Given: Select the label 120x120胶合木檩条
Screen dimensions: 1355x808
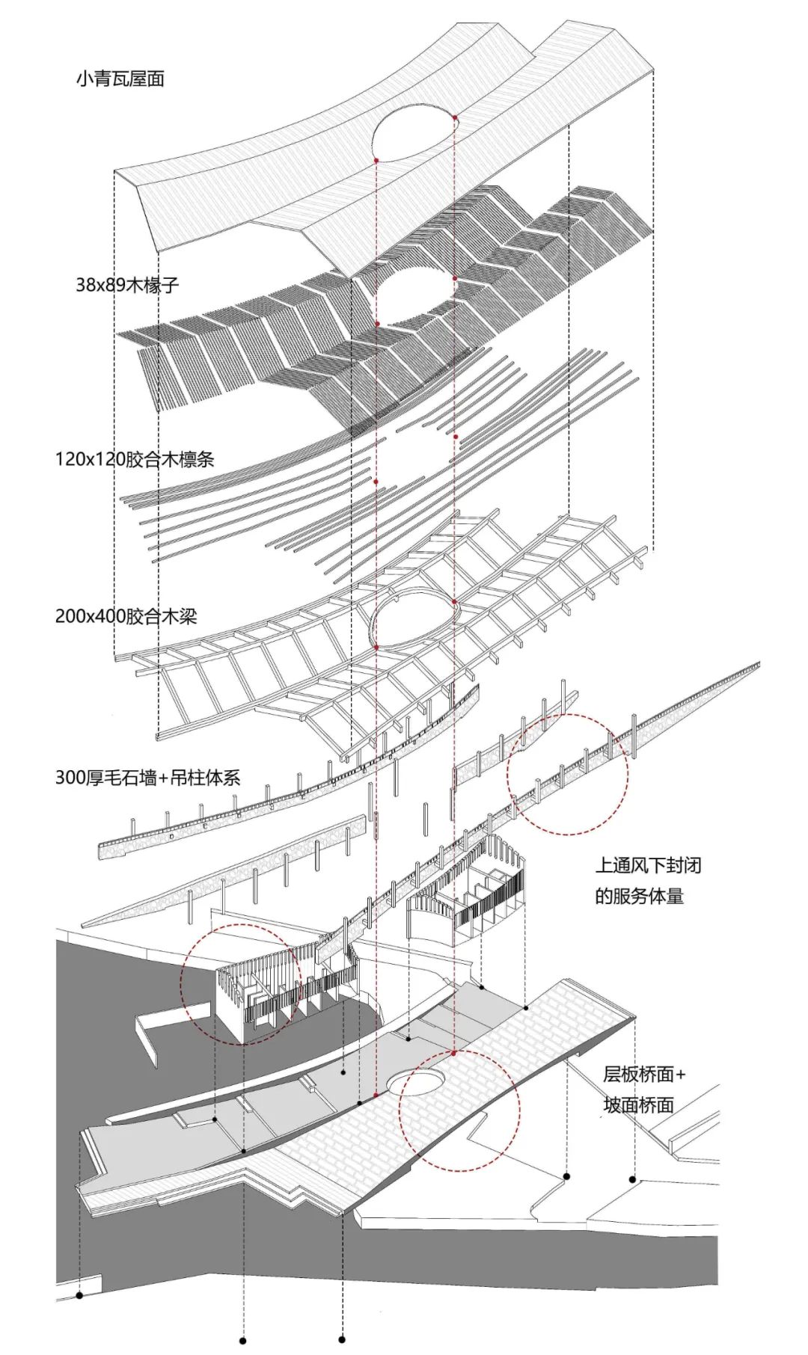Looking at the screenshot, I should pyautogui.click(x=135, y=458).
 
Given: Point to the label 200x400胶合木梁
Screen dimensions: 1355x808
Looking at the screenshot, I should pyautogui.click(x=126, y=617).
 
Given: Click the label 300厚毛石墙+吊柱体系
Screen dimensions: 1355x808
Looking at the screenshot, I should pyautogui.click(x=147, y=778).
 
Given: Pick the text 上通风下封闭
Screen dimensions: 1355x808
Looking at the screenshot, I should pyautogui.click(x=648, y=866).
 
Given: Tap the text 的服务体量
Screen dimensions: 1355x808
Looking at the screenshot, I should pyautogui.click(x=640, y=896).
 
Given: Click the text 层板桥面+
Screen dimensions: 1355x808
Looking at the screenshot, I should pyautogui.click(x=644, y=1075).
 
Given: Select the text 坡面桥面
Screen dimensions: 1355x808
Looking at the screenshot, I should pyautogui.click(x=639, y=1104).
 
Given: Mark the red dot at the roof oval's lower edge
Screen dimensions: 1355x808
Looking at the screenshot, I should pyautogui.click(x=376, y=159).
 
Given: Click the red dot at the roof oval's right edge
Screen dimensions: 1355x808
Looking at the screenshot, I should pyautogui.click(x=455, y=117).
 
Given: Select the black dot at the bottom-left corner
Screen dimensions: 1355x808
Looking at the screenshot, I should pyautogui.click(x=79, y=1294).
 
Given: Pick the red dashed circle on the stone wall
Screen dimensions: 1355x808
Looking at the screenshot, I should pyautogui.click(x=567, y=774).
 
